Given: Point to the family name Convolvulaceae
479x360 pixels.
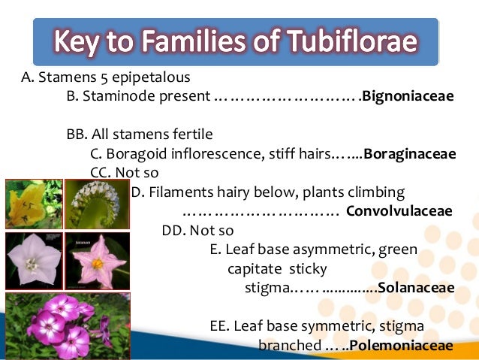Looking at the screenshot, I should click(399, 210).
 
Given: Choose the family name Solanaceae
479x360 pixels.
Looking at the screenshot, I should click(417, 288).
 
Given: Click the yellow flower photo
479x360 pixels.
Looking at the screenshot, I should click(33, 204).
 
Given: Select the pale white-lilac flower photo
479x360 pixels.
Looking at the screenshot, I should click(33, 261).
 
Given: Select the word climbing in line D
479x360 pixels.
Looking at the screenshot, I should click(379, 192).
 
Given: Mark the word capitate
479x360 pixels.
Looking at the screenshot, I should click(254, 268).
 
